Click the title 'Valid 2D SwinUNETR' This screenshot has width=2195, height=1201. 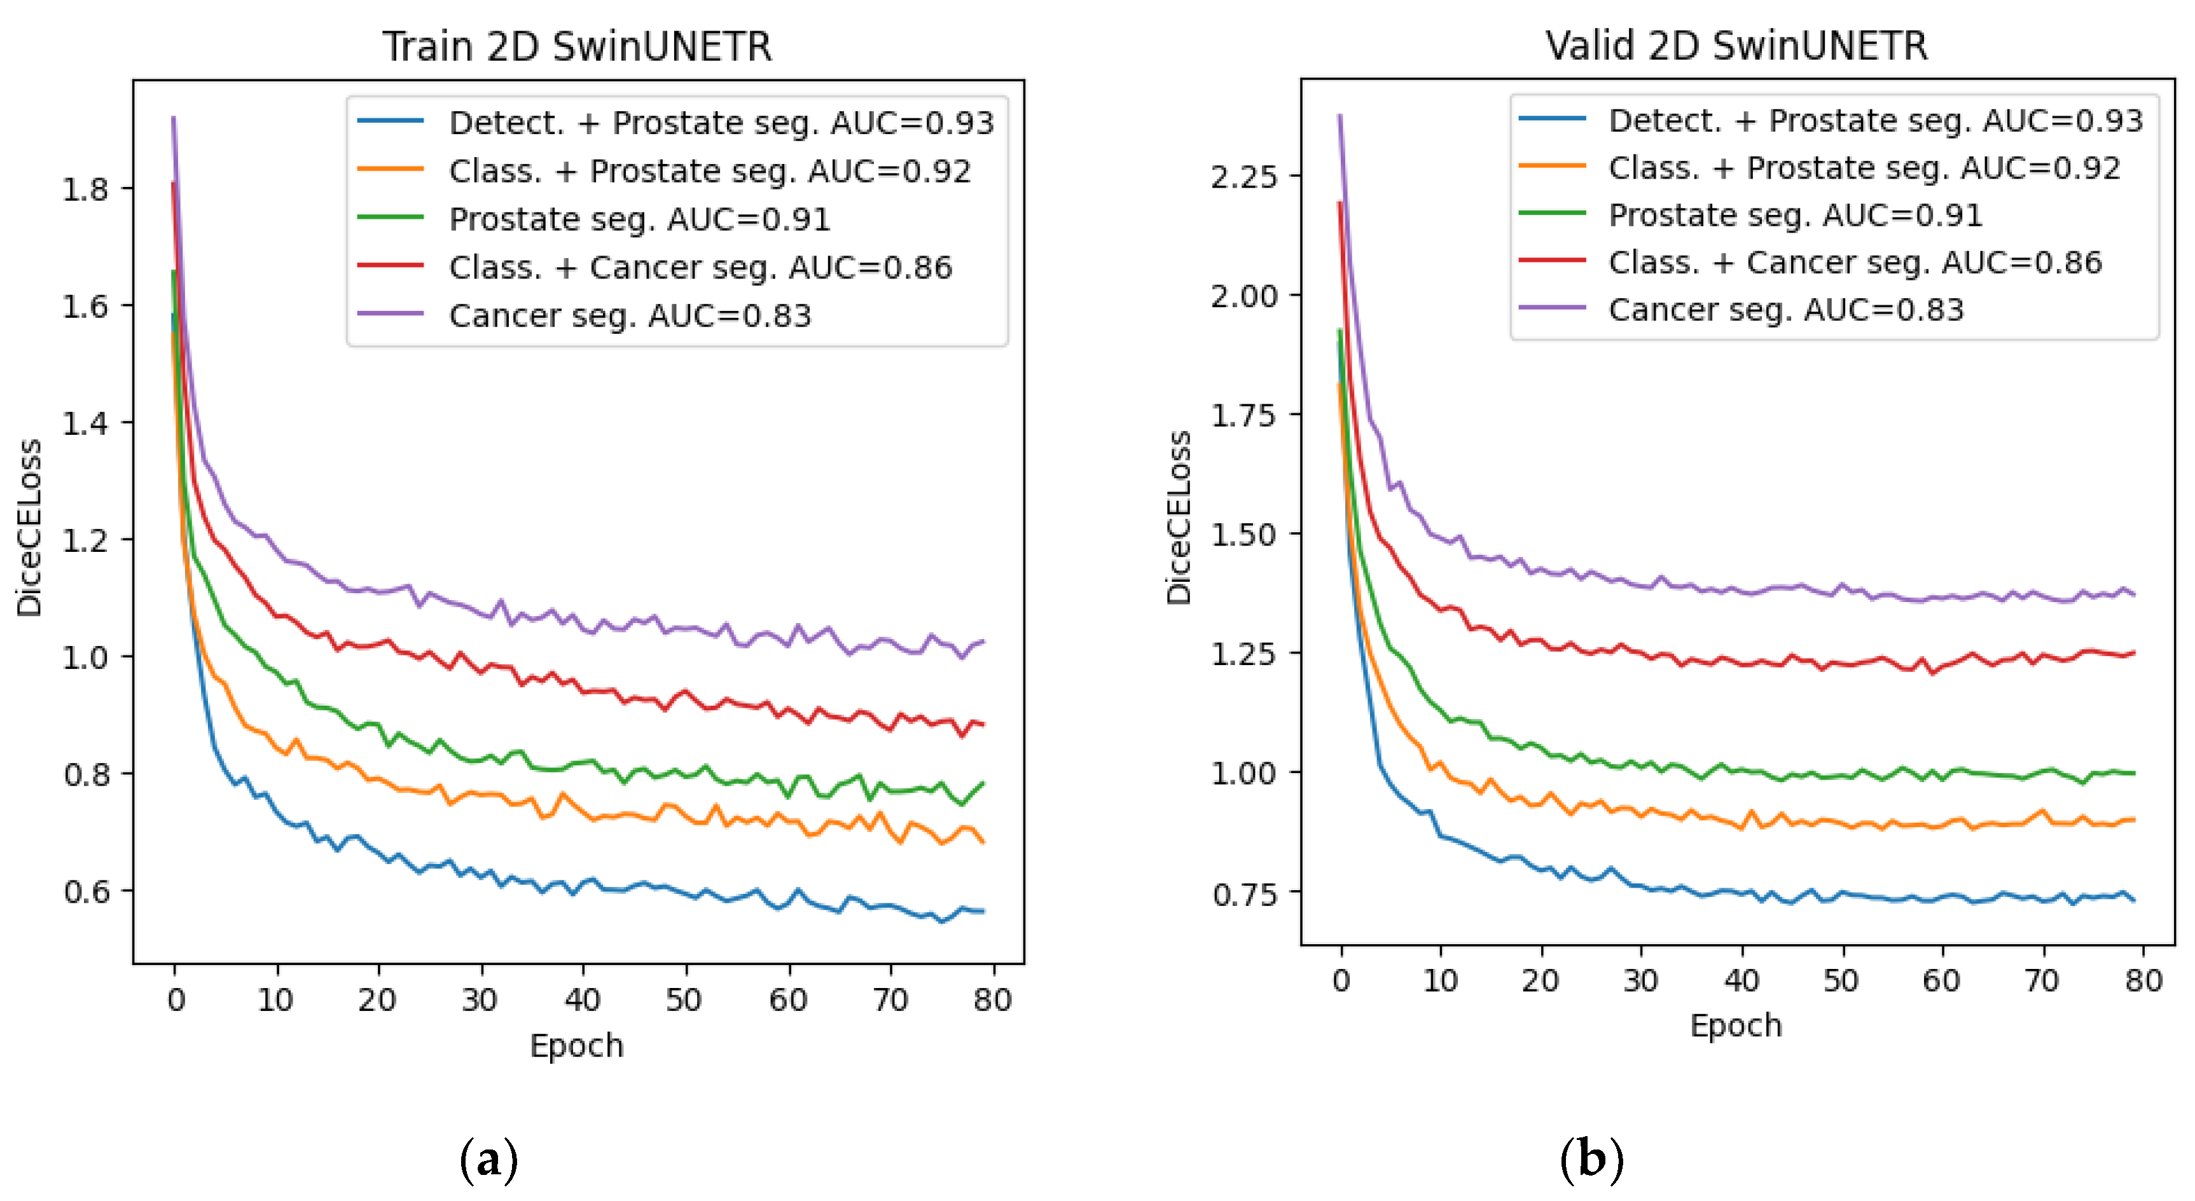[1736, 45]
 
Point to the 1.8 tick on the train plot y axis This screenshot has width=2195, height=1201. [85, 189]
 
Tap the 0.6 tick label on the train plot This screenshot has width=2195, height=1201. [85, 892]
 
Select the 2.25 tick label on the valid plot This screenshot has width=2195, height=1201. [1243, 177]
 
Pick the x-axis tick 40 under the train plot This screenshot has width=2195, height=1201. [583, 999]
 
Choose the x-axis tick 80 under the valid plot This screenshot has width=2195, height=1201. [2143, 980]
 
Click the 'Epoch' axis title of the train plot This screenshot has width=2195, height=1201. [577, 1045]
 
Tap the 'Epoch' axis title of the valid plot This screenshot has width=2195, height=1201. [1736, 1025]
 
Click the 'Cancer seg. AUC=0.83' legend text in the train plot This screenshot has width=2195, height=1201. [630, 316]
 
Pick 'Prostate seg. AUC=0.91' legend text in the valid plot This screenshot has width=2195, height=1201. [1796, 216]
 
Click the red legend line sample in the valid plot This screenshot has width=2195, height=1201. [1552, 261]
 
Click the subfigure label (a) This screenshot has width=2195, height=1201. [488, 1159]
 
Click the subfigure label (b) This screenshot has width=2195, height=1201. [1591, 1159]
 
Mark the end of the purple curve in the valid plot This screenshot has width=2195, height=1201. [2134, 594]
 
